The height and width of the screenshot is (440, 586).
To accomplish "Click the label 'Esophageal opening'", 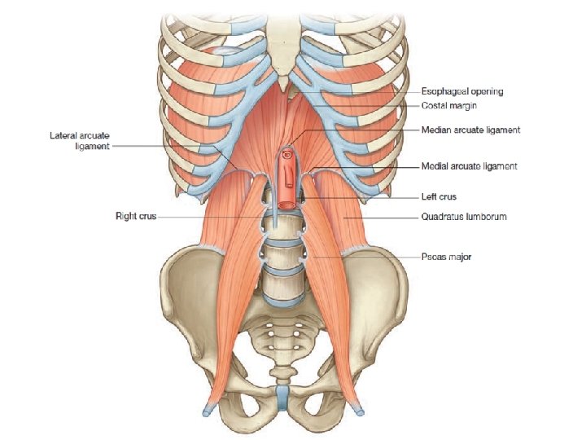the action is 462,91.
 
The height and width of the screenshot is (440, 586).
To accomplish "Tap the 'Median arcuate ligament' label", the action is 470,130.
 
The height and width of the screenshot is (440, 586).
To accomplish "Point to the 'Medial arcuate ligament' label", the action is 469,166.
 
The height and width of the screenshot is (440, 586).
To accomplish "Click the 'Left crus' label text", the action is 439,196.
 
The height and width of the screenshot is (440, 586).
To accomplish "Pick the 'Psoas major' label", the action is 446,257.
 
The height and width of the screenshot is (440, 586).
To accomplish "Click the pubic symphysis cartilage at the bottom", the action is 282,400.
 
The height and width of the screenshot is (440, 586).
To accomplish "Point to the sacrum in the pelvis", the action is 281,334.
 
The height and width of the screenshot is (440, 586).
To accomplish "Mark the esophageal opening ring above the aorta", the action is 286,152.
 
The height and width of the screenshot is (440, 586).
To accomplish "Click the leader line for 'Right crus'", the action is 212,217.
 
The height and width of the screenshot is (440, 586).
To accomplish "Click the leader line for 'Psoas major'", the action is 366,257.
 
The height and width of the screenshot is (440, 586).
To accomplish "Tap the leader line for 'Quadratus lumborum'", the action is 383,217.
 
